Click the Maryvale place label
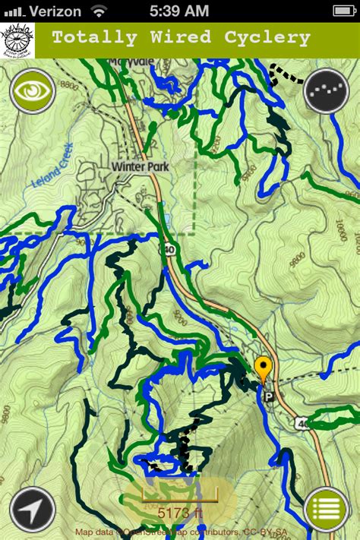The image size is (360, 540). (125, 63)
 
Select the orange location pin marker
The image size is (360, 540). (264, 369)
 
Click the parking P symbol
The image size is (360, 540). (267, 396)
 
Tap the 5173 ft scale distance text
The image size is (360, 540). (180, 513)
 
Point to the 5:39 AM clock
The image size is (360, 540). (179, 11)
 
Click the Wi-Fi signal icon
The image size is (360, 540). (99, 11)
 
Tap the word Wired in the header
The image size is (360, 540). (182, 37)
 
